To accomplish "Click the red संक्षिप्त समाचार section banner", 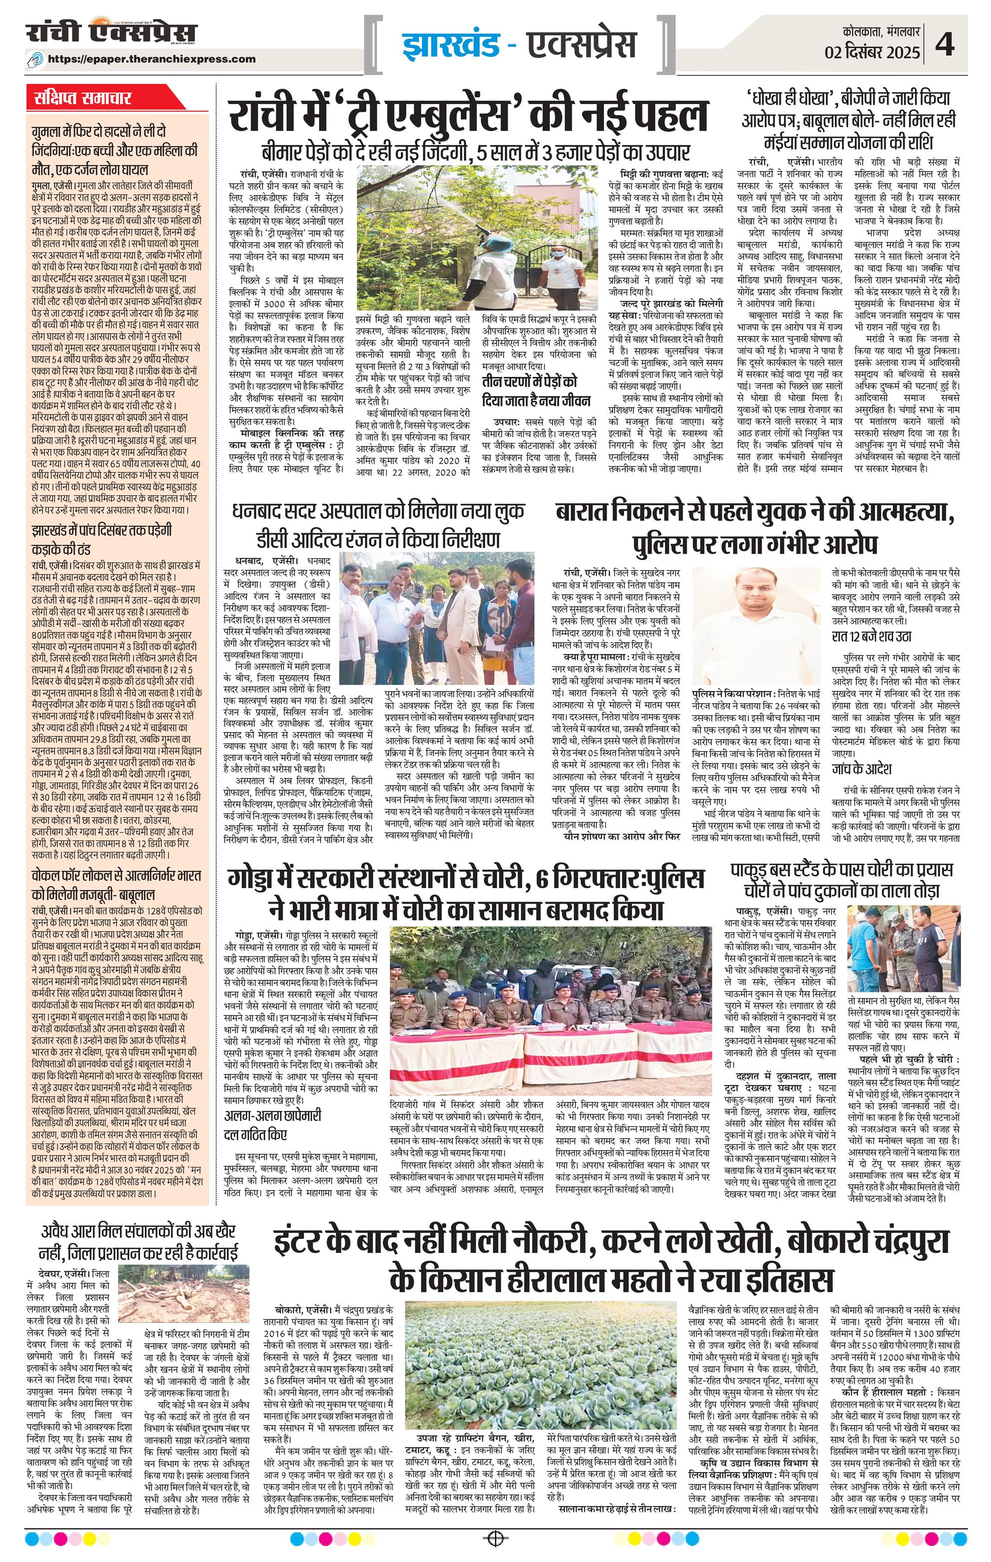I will click(x=84, y=100).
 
